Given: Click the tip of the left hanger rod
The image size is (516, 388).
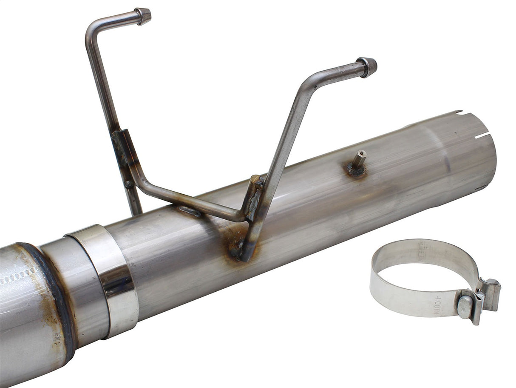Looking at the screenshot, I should [x=144, y=16].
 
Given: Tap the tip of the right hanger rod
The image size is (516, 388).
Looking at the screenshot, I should [x=368, y=66].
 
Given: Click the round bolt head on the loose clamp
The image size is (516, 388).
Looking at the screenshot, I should [x=465, y=306].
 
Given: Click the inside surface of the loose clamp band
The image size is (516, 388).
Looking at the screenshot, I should [x=421, y=256].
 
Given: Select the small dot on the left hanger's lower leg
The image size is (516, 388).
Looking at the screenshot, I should [x=127, y=184].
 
